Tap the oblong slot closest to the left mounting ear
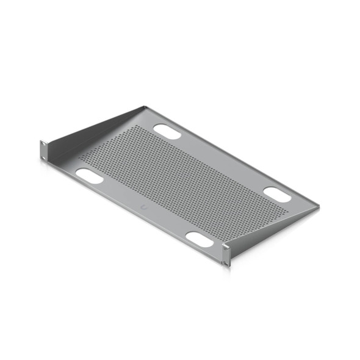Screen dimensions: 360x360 [x=89, y=176]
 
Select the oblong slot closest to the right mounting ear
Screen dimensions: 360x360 [x=200, y=239]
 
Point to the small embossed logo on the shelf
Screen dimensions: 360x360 [x=143, y=208]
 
